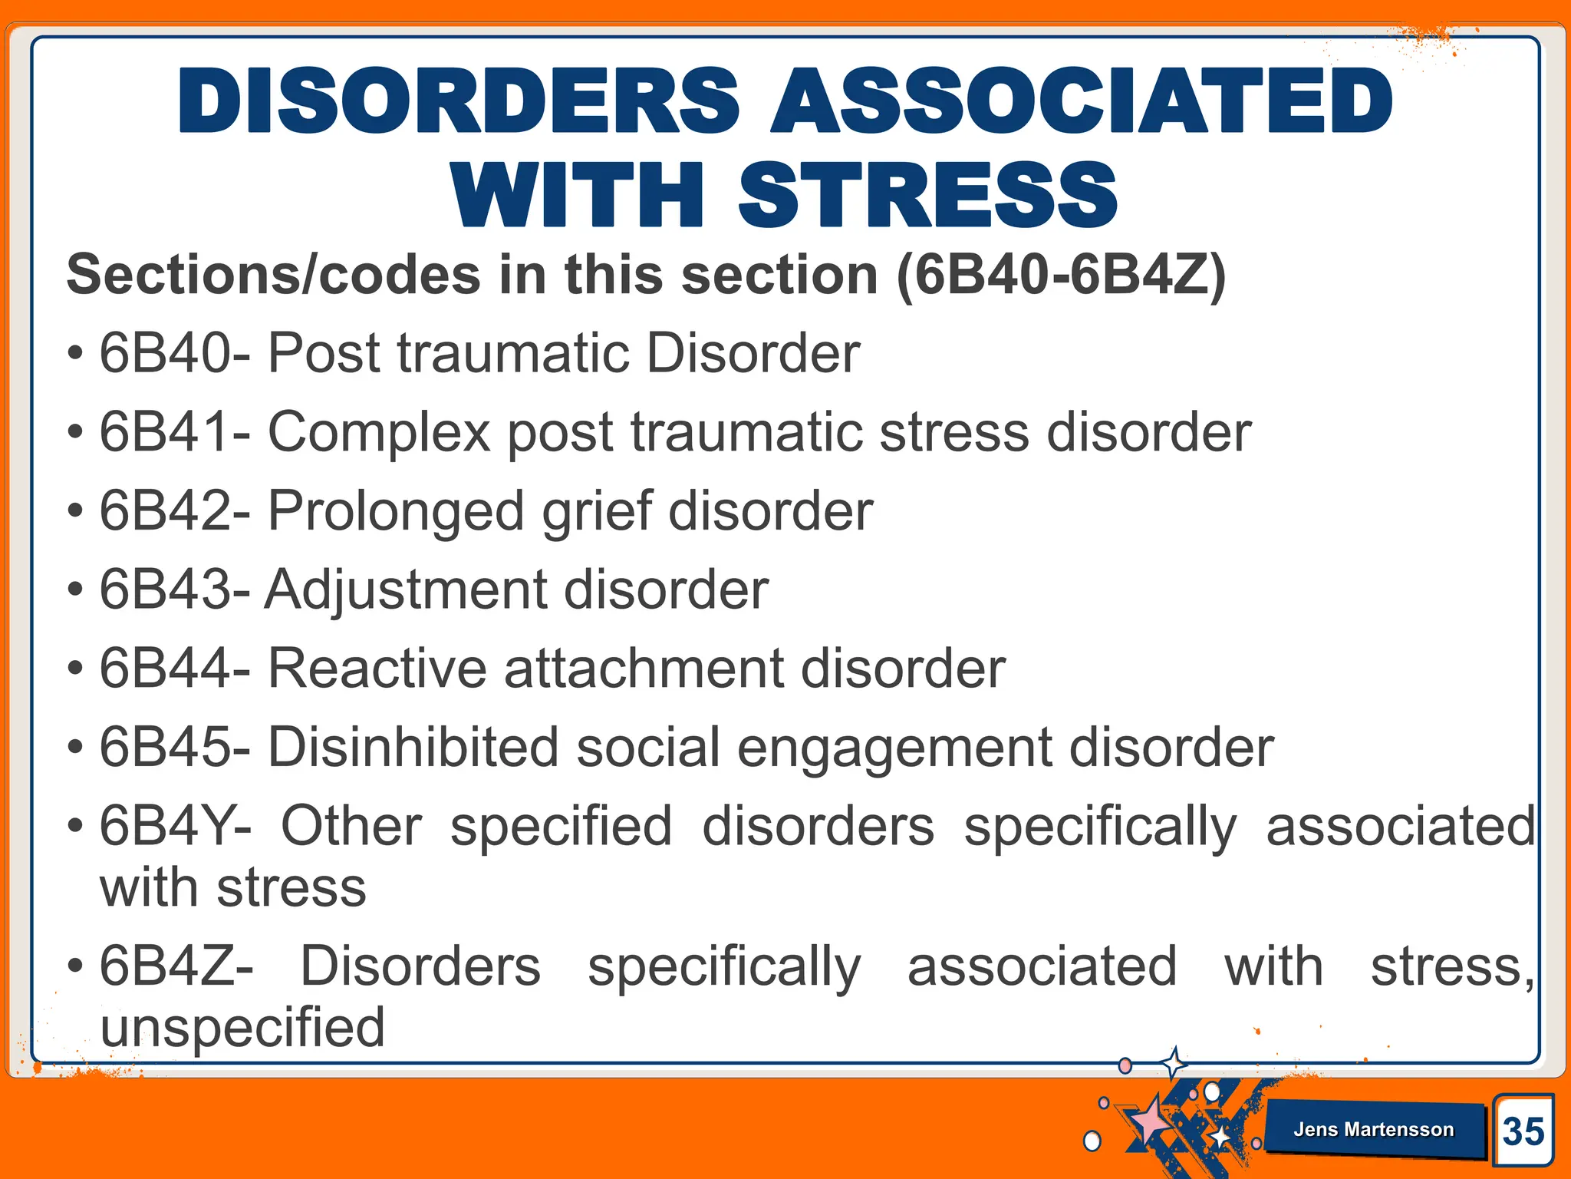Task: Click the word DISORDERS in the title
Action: pyautogui.click(x=459, y=101)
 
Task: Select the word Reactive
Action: pyautogui.click(x=377, y=669)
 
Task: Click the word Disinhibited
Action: pyautogui.click(x=413, y=748)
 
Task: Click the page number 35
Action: pyautogui.click(x=1523, y=1131)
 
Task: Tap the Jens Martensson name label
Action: pyautogui.click(x=1373, y=1129)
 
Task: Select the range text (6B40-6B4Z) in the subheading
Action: pyautogui.click(x=1061, y=275)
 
